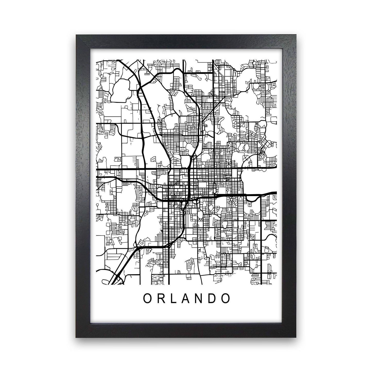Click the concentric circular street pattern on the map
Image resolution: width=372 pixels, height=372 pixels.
(231, 200)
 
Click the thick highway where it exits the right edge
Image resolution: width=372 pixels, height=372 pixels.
(275, 193)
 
